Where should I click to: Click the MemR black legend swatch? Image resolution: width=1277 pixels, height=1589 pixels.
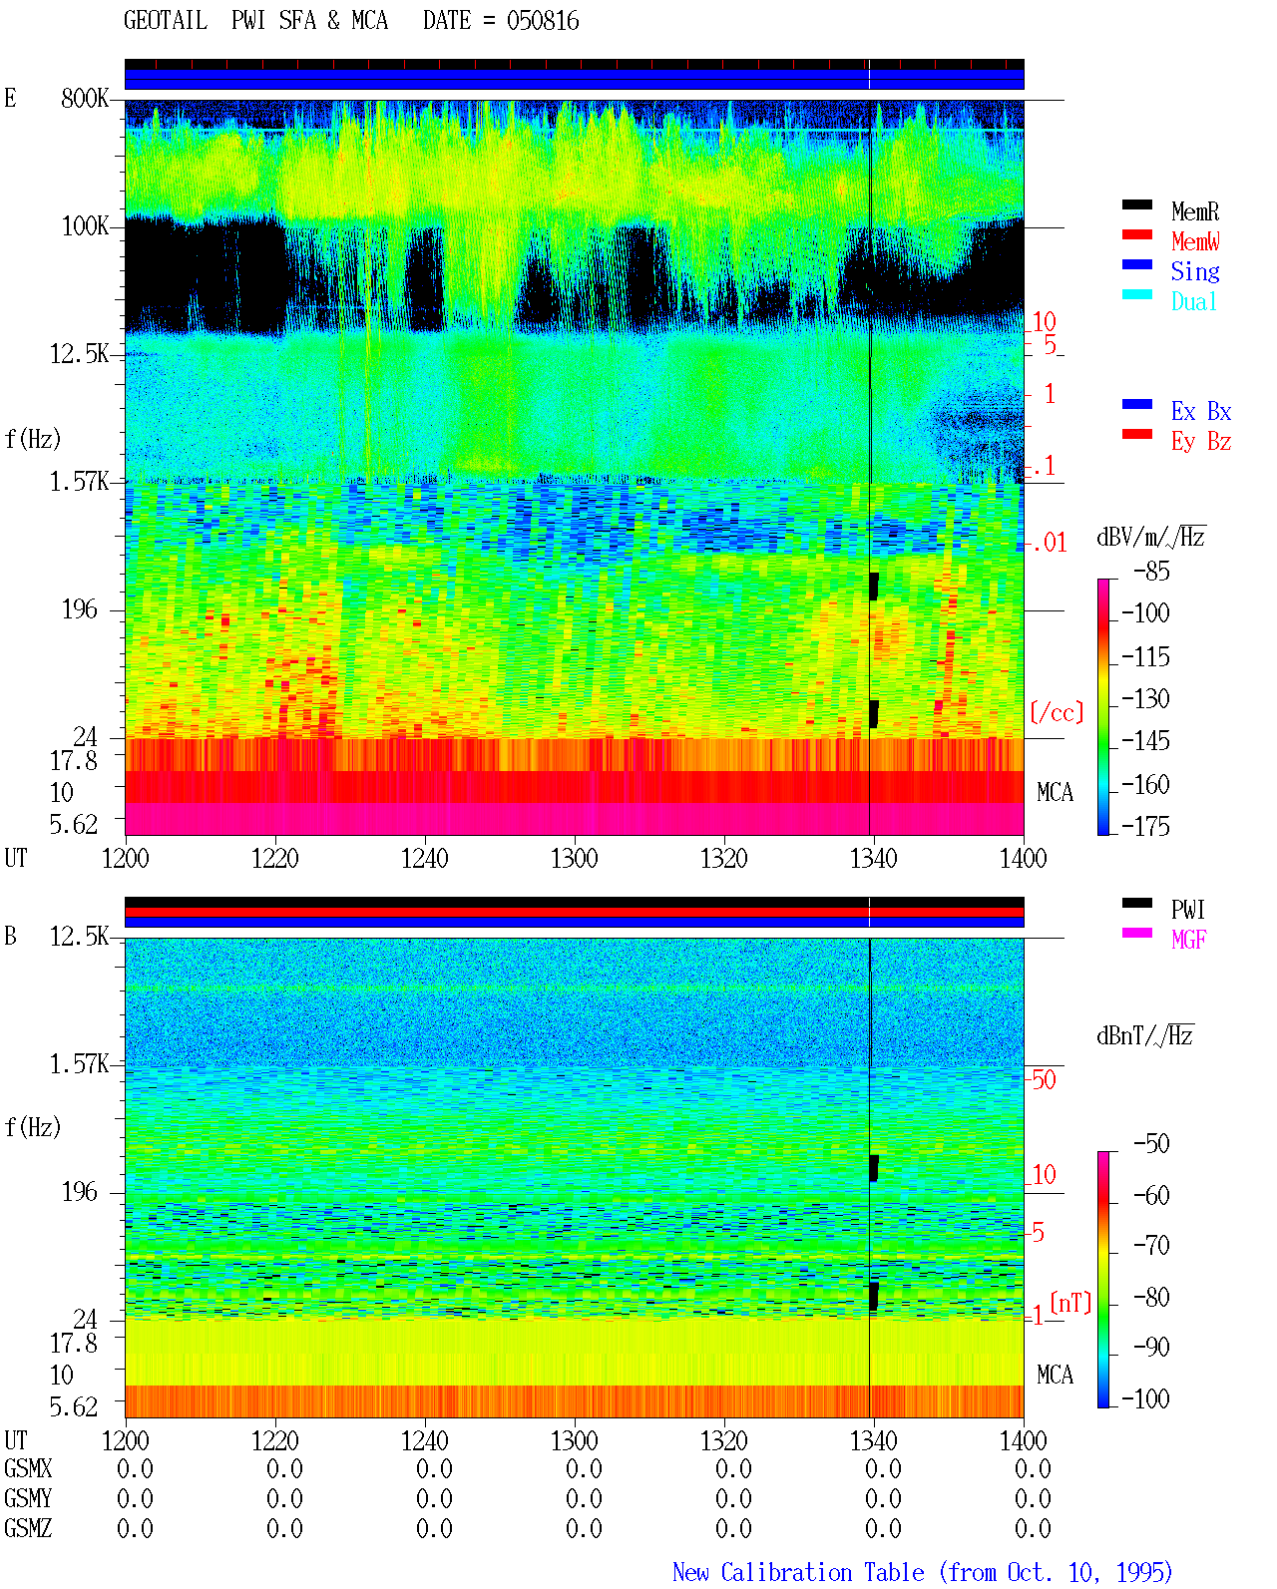[1136, 204]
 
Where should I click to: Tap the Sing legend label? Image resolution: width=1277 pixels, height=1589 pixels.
[1194, 271]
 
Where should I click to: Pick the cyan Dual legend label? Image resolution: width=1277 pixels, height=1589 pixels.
[1193, 301]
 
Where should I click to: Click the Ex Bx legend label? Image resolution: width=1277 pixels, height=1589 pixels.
[1200, 411]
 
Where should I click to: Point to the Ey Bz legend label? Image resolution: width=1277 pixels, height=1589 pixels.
[1200, 442]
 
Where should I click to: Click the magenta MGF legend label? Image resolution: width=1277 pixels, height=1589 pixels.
[1188, 940]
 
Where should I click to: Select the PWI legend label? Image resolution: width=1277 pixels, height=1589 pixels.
[1187, 909]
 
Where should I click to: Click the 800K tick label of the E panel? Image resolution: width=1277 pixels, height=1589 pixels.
[84, 98]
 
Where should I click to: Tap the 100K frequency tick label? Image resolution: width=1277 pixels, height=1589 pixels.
[84, 226]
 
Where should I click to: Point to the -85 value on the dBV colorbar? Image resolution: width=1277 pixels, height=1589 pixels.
[1151, 571]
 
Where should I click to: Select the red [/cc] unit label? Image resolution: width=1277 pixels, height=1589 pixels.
[1057, 712]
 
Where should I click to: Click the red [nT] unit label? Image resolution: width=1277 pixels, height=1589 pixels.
[1070, 1303]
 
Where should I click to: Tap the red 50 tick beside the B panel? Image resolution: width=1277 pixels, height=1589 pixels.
[1044, 1080]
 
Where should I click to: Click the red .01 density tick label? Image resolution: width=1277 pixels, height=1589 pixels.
[1049, 544]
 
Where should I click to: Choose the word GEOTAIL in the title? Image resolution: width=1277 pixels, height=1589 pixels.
[166, 21]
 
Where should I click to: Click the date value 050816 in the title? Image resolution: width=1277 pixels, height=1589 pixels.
[543, 21]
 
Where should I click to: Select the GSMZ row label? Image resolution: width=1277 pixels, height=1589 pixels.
[28, 1528]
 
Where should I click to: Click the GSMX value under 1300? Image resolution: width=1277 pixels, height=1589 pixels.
[584, 1468]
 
